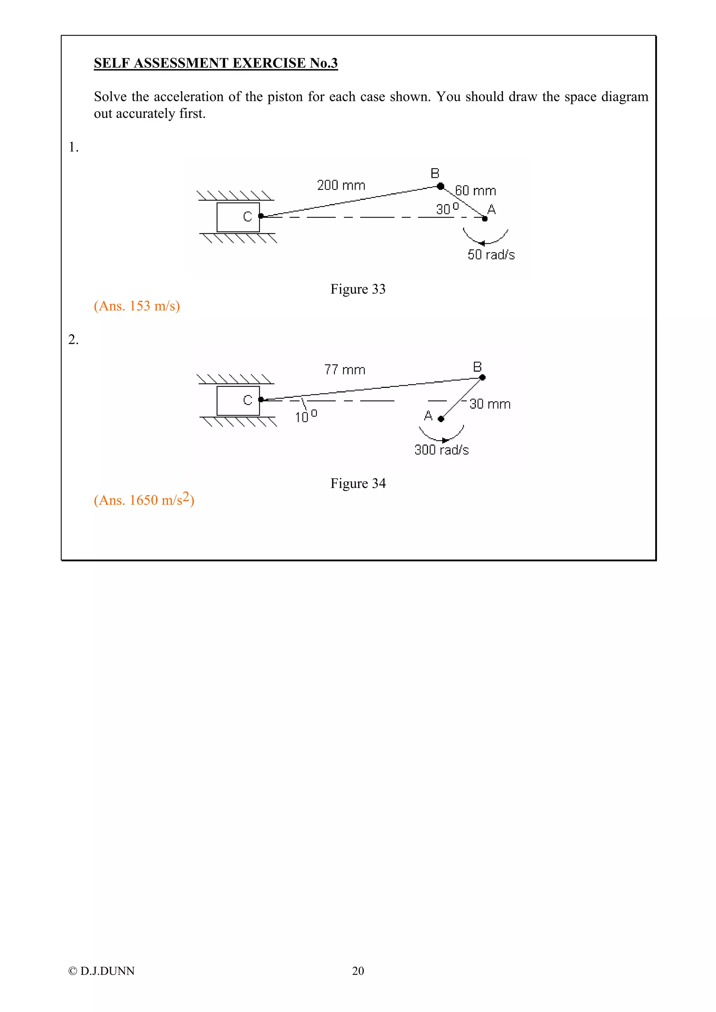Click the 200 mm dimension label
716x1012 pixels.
(341, 185)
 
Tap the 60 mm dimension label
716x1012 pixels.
(475, 191)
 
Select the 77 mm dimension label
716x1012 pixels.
(345, 369)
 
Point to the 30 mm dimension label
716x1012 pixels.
(490, 404)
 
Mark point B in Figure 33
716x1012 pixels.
(440, 186)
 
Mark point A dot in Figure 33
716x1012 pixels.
(485, 219)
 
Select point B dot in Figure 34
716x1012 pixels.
(482, 377)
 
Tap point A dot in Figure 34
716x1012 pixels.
(441, 419)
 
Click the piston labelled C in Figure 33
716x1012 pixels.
(238, 217)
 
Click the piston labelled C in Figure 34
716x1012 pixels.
(238, 400)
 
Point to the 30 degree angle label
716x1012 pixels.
(447, 208)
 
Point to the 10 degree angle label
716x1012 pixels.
(305, 417)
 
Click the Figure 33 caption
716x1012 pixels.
(358, 289)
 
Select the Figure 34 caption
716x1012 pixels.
(358, 484)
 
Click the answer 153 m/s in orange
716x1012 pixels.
(137, 306)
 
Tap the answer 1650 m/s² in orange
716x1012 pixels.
(144, 500)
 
